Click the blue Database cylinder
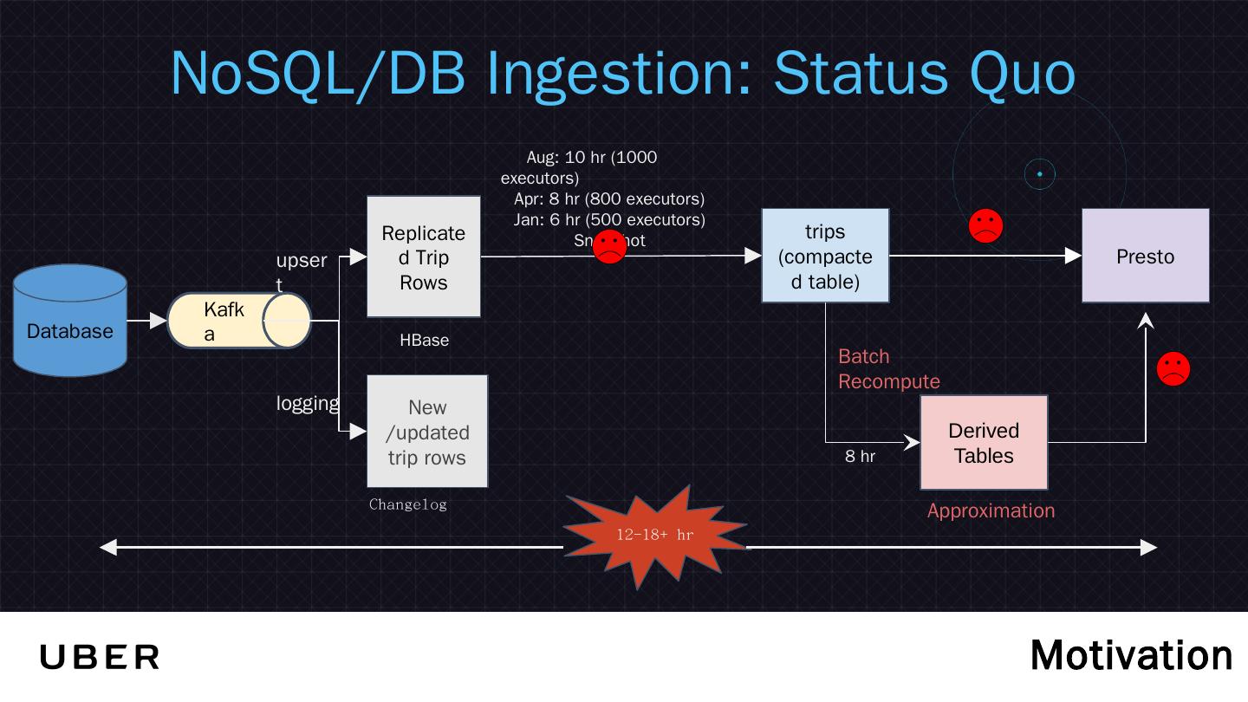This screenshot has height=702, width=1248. coord(70,321)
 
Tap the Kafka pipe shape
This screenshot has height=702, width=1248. coord(238,321)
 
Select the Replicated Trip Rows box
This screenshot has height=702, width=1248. coord(423,257)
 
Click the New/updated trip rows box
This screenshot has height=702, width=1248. coord(427,432)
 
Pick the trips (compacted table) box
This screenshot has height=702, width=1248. coord(825,256)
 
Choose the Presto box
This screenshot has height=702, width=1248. coord(1145,256)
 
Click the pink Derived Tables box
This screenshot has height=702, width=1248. coord(984,443)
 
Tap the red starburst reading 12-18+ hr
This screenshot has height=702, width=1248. coord(654,536)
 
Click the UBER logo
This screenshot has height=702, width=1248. coord(100,657)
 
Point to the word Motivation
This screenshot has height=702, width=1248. coord(1131,655)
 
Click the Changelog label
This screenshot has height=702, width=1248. coord(407,504)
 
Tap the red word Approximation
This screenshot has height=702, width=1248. coord(991,511)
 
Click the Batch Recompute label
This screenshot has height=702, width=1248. coord(888,369)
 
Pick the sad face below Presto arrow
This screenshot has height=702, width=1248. coord(1173,369)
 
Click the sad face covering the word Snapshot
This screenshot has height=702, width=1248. coord(609,247)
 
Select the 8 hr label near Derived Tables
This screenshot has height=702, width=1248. coord(860,457)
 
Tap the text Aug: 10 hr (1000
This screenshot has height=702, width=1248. coord(591,158)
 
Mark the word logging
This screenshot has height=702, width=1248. coord(308,403)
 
